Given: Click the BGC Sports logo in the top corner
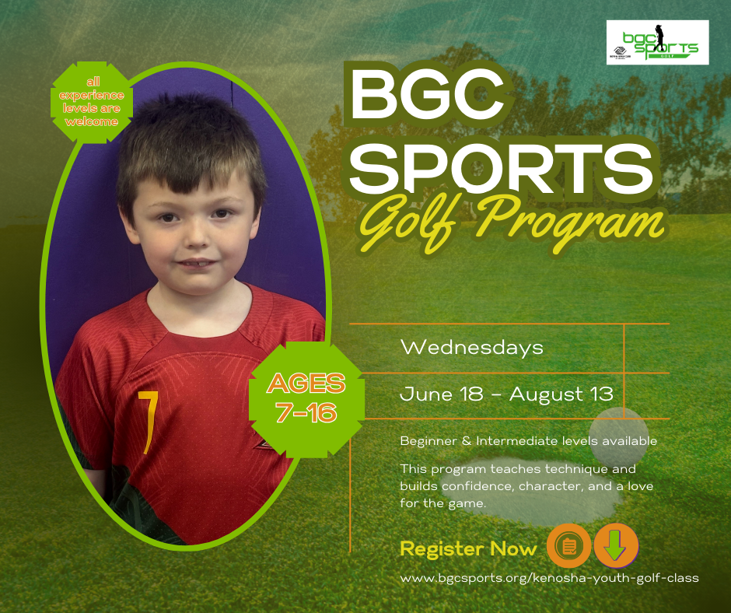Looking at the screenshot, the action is tap(657, 42).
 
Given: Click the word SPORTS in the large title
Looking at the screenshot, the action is tap(501, 167).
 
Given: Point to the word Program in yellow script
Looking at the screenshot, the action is tap(568, 224).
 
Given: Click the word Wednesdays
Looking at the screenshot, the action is tap(472, 348).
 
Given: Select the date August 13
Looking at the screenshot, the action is tap(561, 394).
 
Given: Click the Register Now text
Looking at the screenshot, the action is tap(468, 548).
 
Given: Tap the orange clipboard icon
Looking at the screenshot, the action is tap(568, 545).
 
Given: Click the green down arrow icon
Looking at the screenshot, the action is tap(615, 545).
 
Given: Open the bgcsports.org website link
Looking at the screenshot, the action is tap(549, 579).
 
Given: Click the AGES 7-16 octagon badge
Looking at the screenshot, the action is tap(306, 399).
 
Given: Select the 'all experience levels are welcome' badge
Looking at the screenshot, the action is tap(93, 102).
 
